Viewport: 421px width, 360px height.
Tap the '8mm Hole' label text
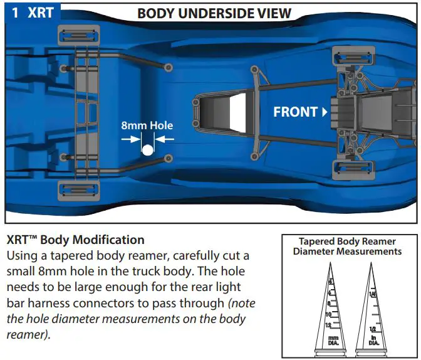click(147, 125)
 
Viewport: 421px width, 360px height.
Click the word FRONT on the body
click(295, 112)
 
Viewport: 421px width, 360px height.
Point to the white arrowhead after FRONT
click(325, 113)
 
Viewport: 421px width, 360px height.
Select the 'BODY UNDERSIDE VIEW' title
click(214, 13)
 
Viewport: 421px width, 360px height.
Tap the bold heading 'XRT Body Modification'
click(75, 240)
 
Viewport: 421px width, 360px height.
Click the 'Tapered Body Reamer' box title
click(347, 241)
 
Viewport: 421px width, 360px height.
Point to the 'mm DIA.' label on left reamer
click(331, 341)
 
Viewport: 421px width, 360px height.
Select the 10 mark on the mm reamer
click(329, 314)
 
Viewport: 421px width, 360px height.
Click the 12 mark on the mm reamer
click(329, 325)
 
